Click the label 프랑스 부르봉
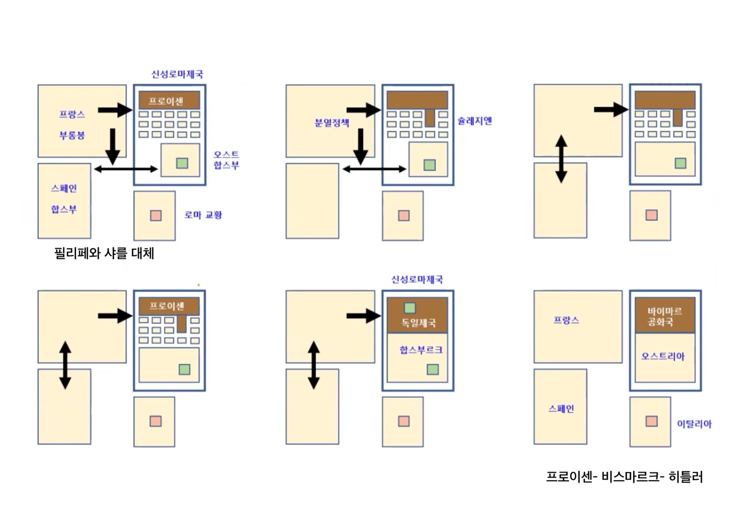72,125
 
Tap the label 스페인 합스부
64,199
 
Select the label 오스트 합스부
226,160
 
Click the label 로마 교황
203,215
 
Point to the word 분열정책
332,123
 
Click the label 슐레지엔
474,121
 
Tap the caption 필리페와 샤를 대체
104,253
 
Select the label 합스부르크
421,350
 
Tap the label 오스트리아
663,356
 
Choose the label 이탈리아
694,423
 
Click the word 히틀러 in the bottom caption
685,477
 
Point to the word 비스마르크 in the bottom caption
630,477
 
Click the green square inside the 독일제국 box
410,308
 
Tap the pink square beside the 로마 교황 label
156,216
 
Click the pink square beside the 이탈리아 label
651,421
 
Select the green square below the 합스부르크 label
433,369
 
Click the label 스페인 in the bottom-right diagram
561,409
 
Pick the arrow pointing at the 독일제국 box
363,316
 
